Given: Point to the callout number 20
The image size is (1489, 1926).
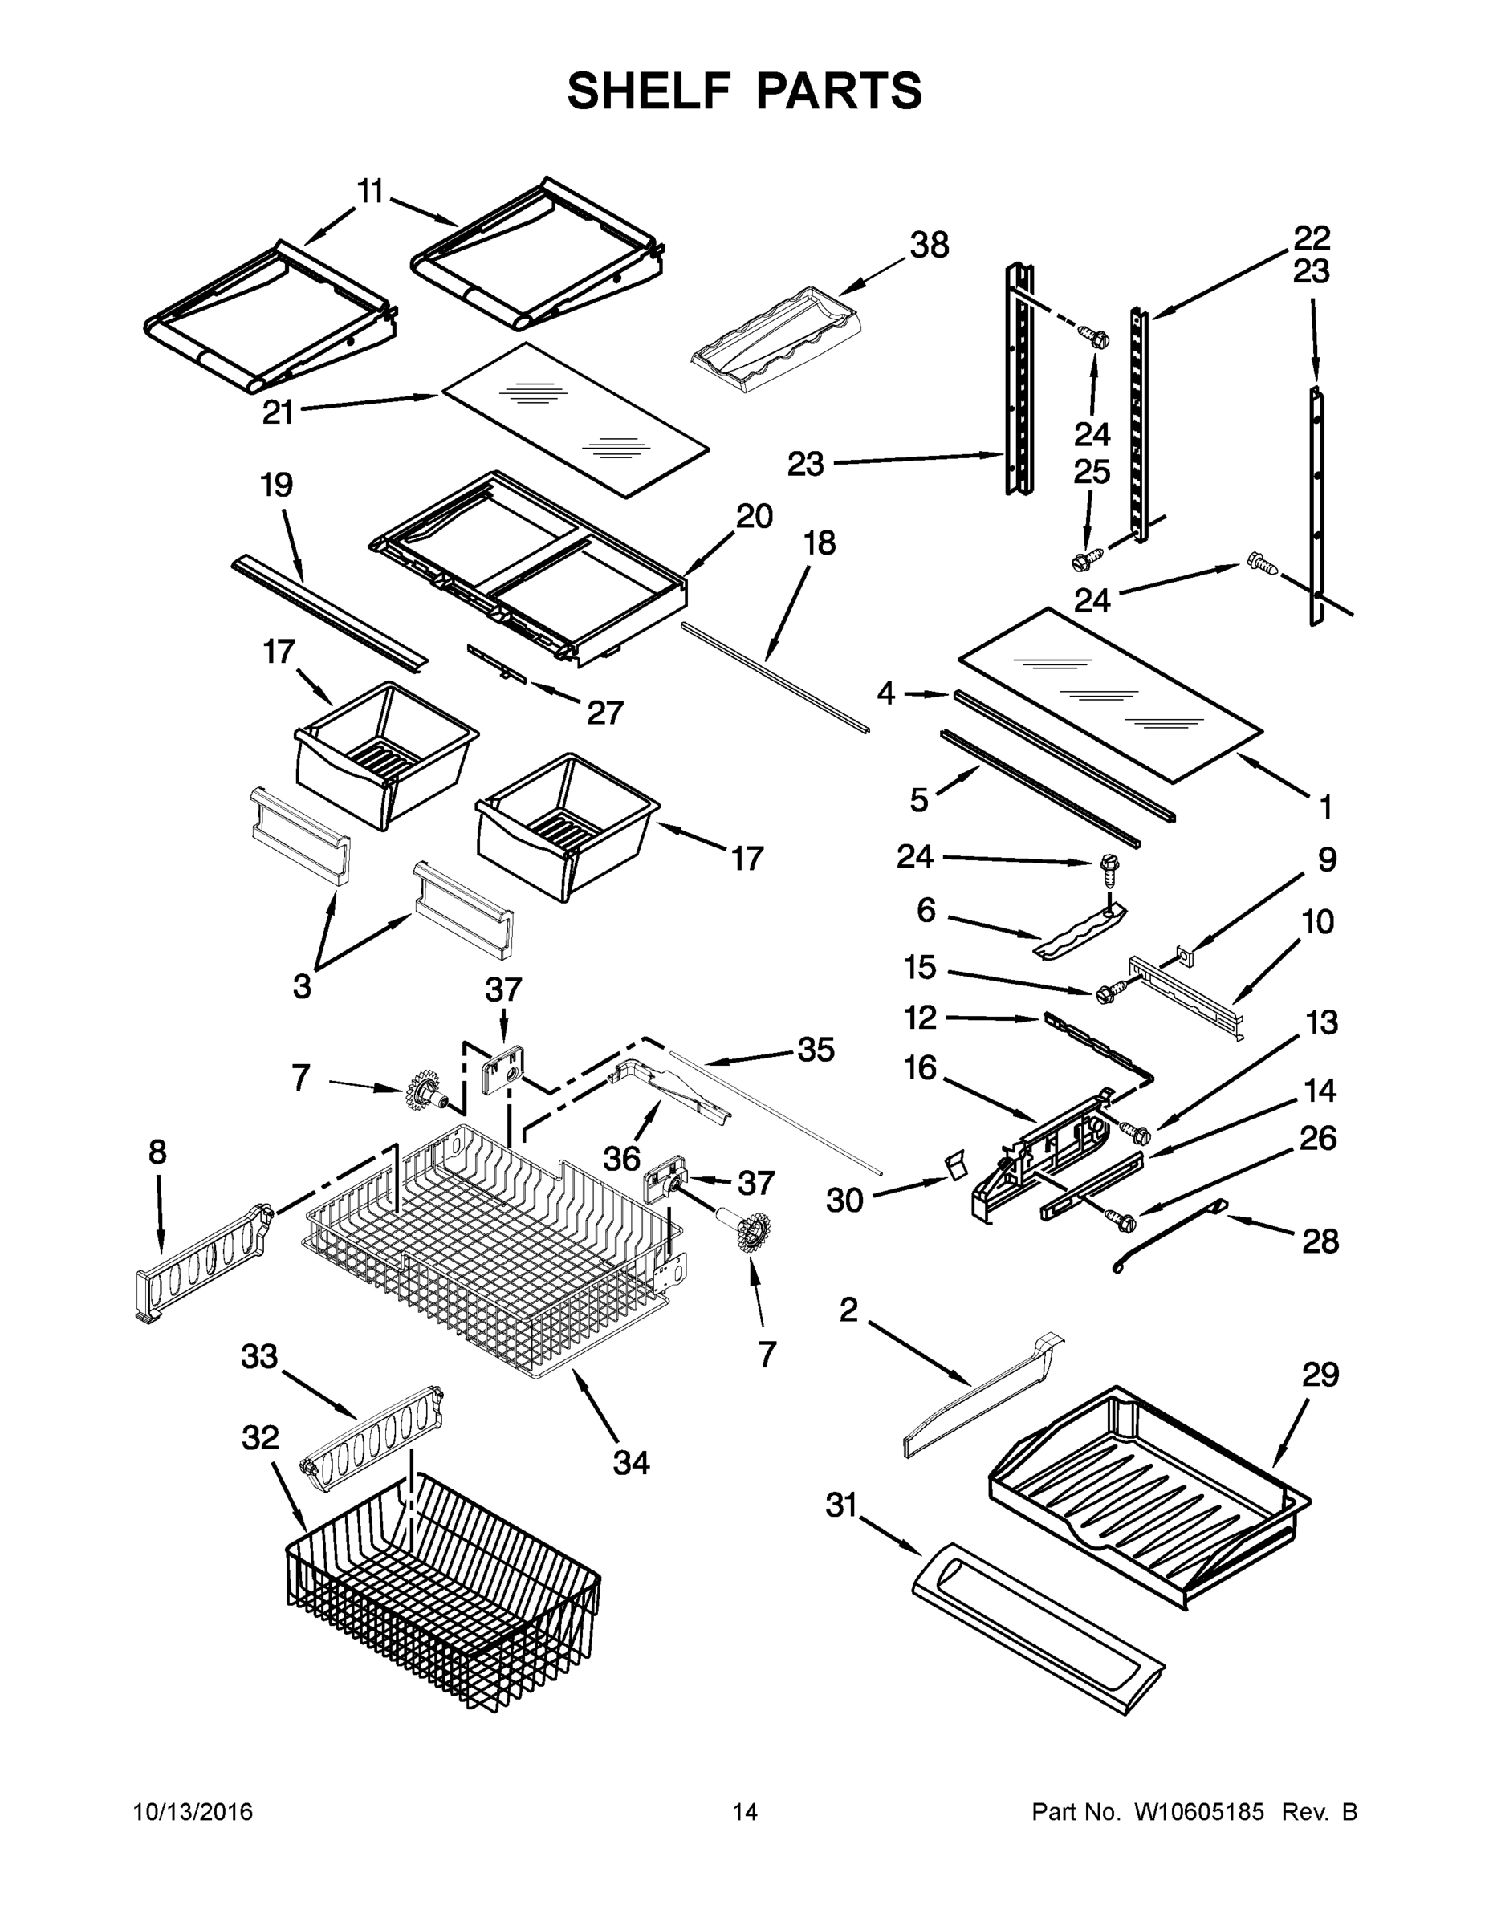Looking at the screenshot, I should pos(755,516).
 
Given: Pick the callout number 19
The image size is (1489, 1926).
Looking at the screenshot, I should pos(276,484).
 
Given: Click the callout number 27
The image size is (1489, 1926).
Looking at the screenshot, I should pos(605,712).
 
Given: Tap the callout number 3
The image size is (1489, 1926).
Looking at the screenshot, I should pos(302,986).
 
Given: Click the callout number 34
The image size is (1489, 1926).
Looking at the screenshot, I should pos(631,1462).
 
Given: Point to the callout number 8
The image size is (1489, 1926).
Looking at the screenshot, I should pos(157,1152).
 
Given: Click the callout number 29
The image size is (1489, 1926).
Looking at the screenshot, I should pos(1320,1374).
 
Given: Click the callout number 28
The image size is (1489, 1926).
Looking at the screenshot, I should pos(1320,1241).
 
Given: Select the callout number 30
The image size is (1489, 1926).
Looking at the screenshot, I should pos(844,1201).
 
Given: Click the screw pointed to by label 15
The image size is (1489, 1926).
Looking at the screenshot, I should pos(1105,993).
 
